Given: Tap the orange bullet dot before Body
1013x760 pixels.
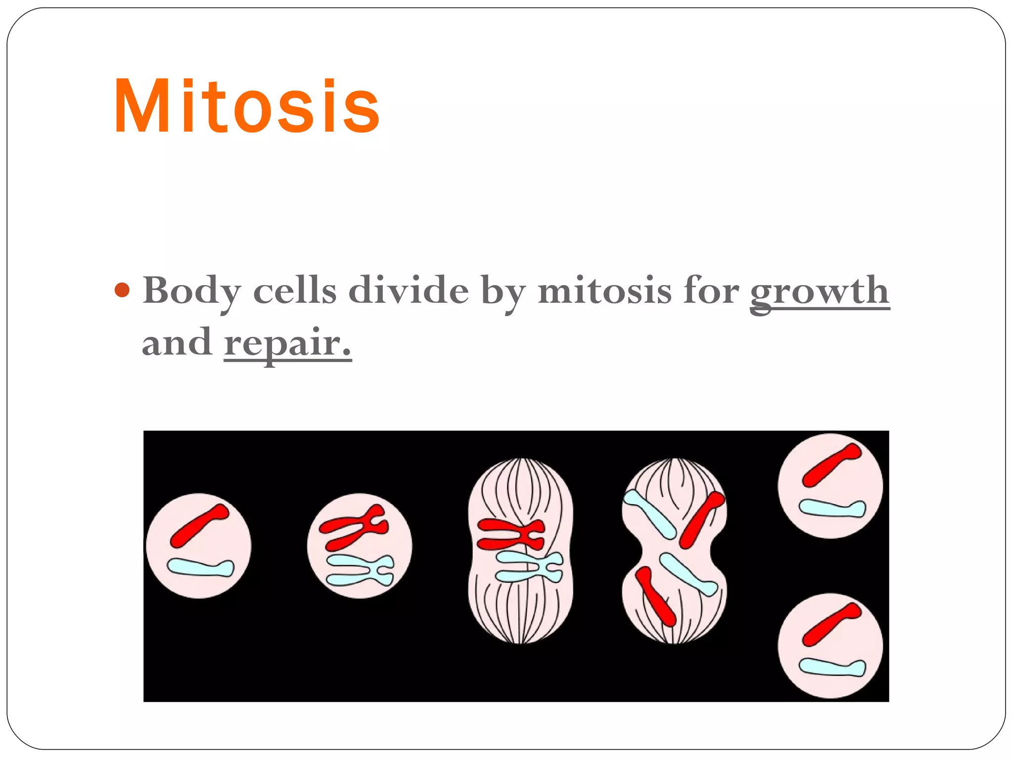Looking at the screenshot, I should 122,290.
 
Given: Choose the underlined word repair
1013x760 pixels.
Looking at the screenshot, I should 287,342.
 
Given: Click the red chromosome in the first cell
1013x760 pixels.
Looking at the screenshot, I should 198,525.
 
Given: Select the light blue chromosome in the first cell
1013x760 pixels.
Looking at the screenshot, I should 200,568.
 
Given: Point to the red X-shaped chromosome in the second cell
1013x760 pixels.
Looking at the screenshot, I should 354,527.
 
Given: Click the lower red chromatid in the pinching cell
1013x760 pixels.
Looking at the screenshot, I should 655,596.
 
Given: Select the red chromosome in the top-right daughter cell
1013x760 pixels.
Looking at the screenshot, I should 831,465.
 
